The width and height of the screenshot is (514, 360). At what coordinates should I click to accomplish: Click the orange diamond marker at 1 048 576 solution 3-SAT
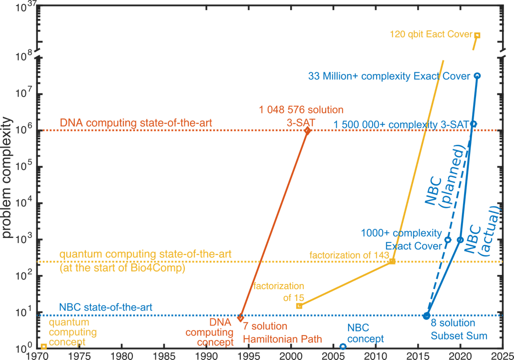[307, 130]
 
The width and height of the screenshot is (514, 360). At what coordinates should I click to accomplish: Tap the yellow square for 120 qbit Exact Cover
[477, 35]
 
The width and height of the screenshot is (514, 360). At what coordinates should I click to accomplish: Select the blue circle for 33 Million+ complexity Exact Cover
[477, 75]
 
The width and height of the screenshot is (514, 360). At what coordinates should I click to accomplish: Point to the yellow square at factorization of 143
[392, 261]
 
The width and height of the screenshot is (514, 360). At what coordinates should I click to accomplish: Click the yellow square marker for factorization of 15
[299, 305]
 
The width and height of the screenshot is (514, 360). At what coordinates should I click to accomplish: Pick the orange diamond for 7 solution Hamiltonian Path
[240, 317]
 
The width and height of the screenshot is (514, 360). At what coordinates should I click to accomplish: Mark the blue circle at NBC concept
[343, 346]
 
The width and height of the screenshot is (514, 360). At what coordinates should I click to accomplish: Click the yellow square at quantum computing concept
[43, 346]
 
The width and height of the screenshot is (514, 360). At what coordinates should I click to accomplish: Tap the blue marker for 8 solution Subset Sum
[426, 315]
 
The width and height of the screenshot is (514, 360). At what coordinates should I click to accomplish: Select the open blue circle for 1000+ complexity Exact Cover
[448, 239]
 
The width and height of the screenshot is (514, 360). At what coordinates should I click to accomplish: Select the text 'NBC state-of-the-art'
[105, 307]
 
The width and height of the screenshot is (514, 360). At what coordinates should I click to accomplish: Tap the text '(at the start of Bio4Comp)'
[123, 268]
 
